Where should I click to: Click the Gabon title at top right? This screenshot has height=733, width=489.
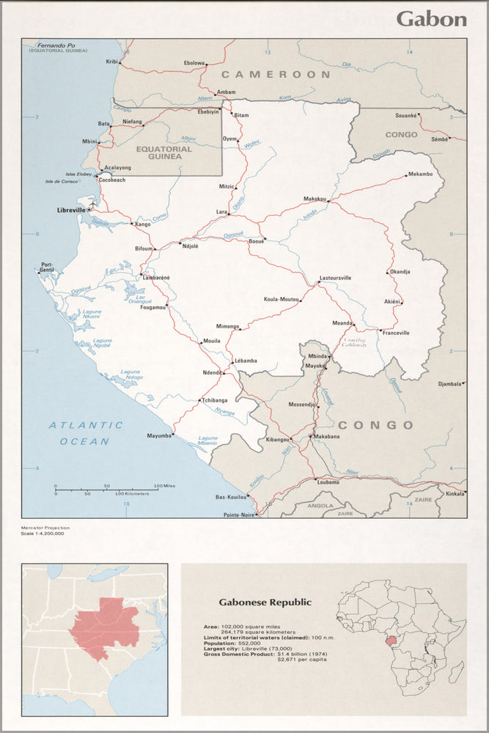(431, 19)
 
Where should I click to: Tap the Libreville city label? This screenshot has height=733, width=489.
(71, 210)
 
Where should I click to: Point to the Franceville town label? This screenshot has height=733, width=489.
(395, 333)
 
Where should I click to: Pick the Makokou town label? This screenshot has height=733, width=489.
(315, 199)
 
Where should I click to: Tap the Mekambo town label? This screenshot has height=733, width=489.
(420, 174)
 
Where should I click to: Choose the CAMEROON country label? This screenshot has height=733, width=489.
(276, 75)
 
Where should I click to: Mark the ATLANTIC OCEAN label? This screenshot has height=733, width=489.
(86, 433)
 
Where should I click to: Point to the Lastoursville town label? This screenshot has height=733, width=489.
(335, 279)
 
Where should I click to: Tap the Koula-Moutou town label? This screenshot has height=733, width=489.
(282, 300)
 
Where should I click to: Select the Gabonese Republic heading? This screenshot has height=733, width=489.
(265, 603)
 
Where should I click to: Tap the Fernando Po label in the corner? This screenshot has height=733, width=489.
(58, 45)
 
